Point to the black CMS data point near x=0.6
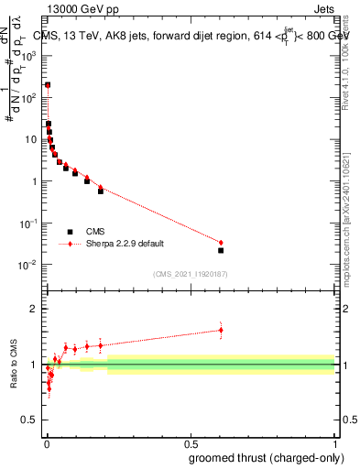(x=221, y=250)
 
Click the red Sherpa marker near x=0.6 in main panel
(x=221, y=243)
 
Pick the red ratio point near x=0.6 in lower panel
(x=221, y=330)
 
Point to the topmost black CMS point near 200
(x=48, y=85)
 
